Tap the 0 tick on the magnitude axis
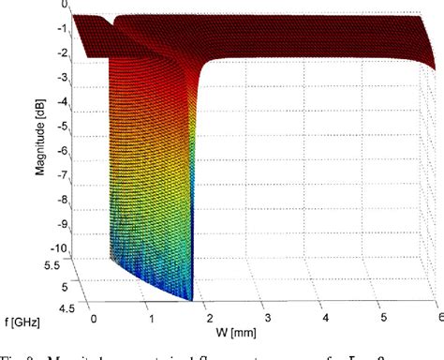[x=66, y=6]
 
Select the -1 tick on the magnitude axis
[x=63, y=29]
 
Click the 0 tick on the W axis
[x=87, y=312]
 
